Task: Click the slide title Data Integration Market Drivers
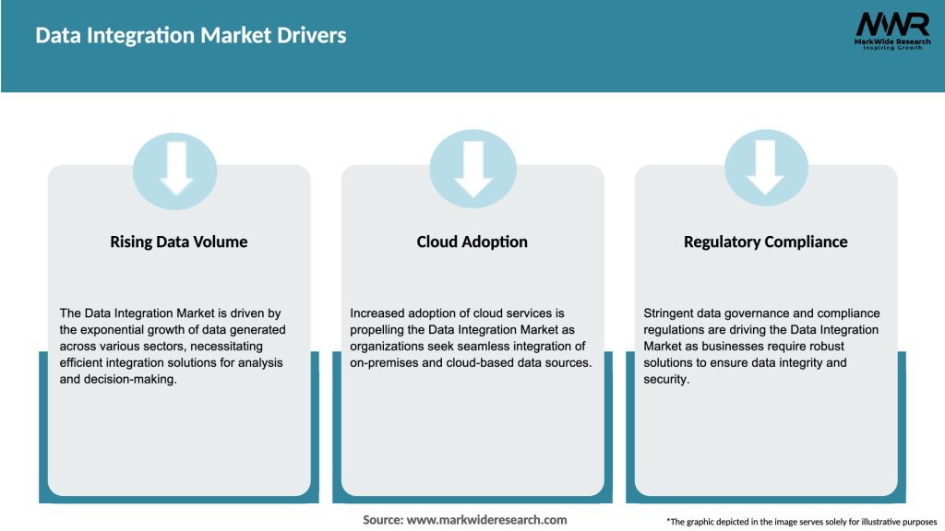coord(191,36)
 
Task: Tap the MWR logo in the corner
coord(892,24)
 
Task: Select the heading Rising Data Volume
coord(179,242)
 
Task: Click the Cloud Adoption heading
coord(472,242)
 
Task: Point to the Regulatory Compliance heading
coord(765,242)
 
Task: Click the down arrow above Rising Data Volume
coord(176,169)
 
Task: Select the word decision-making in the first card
coord(132,380)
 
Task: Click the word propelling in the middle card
coord(380,330)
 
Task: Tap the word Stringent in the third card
coord(671,313)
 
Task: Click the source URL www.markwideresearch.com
coord(487,520)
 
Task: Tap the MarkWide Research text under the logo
coord(891,41)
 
